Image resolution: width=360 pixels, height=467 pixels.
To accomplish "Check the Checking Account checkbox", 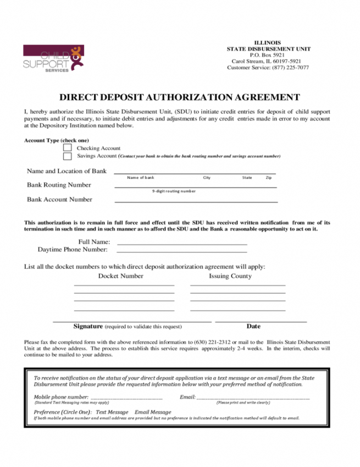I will point(68,148).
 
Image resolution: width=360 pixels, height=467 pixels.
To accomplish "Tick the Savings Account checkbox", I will point(68,156).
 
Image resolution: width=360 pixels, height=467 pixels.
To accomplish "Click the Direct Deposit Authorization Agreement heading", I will point(180,97).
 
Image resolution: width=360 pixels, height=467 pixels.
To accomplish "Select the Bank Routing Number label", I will point(59,185).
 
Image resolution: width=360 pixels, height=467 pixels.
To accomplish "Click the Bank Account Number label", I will point(59,199).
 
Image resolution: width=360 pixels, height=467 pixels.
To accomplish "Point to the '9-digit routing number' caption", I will point(174,191).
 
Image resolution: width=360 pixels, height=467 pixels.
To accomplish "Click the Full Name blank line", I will point(182,243).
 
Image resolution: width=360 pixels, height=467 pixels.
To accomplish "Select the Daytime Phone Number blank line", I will point(182,250).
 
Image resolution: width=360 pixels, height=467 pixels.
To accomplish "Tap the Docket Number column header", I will point(120,276).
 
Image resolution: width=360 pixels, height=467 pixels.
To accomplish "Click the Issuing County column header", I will point(230,276).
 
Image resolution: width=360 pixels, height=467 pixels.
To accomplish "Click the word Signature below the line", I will point(88,326).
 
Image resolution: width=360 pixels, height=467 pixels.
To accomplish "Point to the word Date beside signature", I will point(253,326).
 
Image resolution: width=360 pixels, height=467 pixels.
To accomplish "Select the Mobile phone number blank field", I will point(126,397).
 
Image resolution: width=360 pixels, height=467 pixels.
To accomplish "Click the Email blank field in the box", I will point(253,397).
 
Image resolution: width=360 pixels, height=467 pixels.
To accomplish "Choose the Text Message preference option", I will point(112,412).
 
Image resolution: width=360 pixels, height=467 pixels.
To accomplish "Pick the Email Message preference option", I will point(153,412).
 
